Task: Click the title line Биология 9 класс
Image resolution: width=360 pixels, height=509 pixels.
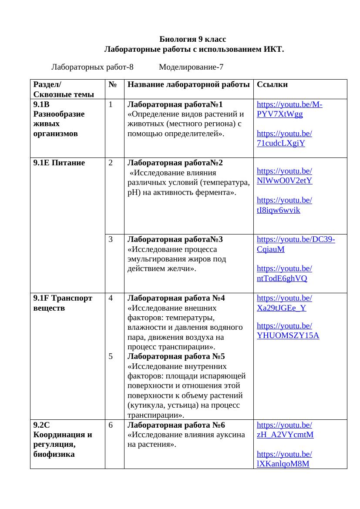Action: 193,39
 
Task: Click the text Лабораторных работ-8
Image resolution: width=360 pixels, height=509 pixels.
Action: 92,67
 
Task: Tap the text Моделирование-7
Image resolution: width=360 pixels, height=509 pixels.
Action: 191,67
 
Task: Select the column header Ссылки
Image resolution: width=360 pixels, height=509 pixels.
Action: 272,84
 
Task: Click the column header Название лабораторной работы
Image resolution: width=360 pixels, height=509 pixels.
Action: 188,84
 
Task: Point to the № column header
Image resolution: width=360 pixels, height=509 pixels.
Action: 112,84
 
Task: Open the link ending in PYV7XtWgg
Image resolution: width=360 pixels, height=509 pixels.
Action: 280,114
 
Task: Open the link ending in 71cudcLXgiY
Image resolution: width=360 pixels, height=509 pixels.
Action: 281,143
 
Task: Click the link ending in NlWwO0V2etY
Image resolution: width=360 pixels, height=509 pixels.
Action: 284,181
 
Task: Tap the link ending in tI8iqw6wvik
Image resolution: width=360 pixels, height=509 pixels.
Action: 279,210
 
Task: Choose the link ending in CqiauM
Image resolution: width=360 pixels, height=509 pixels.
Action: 271,249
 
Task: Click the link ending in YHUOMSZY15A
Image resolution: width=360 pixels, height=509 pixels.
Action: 288,335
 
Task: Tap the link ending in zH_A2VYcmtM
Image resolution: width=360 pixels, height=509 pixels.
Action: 285,435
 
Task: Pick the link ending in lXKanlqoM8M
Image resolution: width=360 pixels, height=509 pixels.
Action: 283,464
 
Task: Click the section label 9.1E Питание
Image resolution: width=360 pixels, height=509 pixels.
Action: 59,163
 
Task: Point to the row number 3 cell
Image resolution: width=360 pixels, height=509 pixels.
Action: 111,239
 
